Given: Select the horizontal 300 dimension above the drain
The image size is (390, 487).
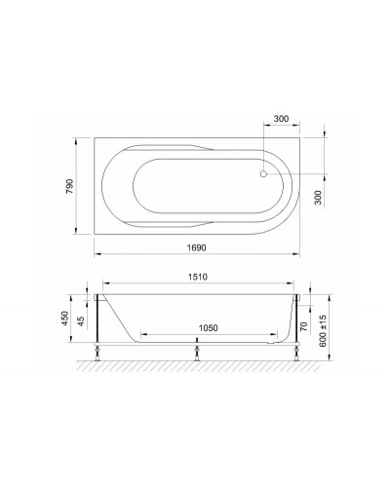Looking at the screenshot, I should click(281, 119).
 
